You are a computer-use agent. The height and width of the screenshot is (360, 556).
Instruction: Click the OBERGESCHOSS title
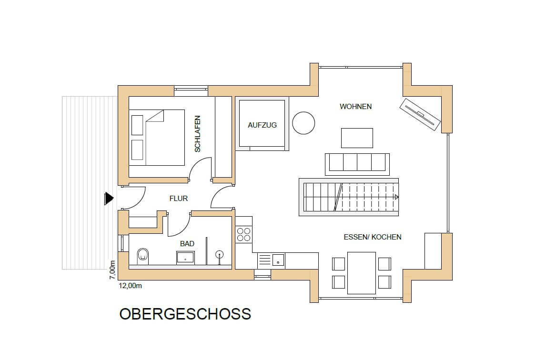click(185, 314)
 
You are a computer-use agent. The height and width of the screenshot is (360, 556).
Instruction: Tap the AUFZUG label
click(262, 125)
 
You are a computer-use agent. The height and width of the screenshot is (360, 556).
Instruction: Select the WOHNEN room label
click(355, 106)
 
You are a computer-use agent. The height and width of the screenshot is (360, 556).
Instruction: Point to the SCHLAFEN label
click(198, 134)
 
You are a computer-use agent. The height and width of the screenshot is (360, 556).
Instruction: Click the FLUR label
click(178, 199)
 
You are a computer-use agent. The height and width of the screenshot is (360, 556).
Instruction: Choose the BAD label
click(187, 244)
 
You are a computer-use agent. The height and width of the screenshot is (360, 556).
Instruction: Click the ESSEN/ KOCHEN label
click(372, 237)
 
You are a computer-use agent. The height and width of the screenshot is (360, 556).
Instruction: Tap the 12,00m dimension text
click(130, 286)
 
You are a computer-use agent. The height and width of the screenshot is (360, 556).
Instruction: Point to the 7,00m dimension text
click(112, 270)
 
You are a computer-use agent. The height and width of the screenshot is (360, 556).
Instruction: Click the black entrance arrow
click(109, 199)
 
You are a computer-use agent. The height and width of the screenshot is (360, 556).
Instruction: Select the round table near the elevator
click(303, 123)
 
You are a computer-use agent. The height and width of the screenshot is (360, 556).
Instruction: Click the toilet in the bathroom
click(143, 257)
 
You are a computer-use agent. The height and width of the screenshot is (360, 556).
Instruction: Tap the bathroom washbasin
click(185, 258)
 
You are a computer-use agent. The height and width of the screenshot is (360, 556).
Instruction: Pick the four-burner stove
click(243, 235)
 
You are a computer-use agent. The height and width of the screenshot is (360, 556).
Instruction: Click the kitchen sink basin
click(278, 260)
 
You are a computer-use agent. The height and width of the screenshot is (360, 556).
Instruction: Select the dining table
click(361, 273)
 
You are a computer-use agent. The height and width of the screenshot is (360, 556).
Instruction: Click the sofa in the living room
click(357, 164)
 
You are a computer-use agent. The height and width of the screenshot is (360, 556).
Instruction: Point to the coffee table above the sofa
click(357, 138)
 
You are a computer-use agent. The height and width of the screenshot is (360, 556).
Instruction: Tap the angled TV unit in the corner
click(420, 114)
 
